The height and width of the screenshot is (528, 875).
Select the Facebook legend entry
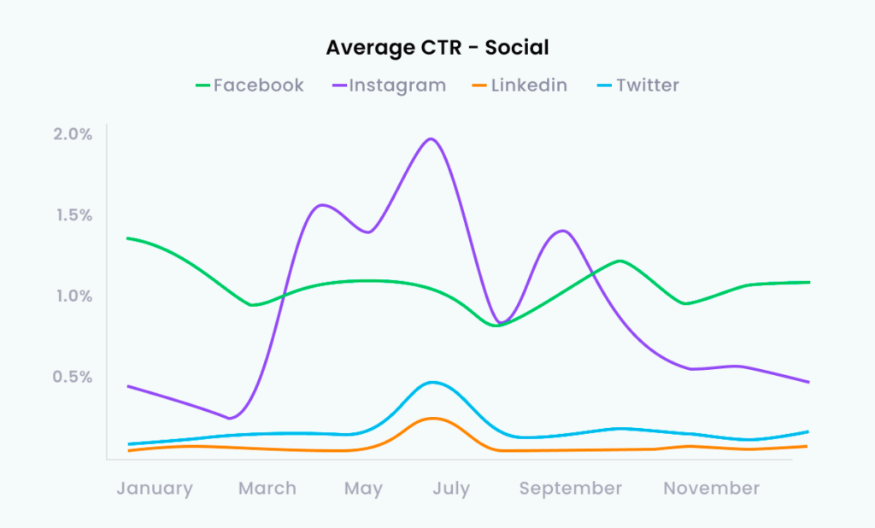(250, 85)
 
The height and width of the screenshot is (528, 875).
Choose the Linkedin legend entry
(520, 85)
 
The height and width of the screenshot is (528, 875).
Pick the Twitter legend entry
(637, 85)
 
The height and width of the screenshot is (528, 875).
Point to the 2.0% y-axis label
(73, 134)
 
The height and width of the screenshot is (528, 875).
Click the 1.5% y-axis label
(73, 215)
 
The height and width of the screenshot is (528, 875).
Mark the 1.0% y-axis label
(73, 296)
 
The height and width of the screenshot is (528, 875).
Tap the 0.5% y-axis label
(73, 378)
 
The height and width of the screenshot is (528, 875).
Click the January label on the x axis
(155, 489)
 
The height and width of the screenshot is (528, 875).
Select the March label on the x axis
(267, 489)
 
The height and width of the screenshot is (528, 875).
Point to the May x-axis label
(363, 489)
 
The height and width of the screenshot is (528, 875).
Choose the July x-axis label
(451, 489)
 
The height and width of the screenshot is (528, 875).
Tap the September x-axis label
(571, 489)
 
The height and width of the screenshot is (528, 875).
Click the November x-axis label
(712, 489)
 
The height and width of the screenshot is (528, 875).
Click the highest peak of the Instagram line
(431, 138)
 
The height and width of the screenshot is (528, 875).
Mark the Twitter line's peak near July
(434, 382)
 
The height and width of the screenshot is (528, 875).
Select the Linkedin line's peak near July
(432, 418)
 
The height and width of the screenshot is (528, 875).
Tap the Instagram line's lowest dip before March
(229, 419)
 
